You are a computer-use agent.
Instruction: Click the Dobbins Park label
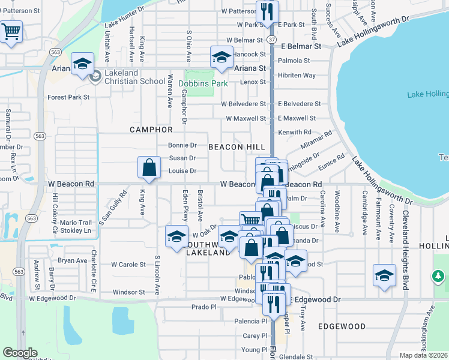(x=206, y=83)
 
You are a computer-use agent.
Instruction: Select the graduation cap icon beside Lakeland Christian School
(x=82, y=64)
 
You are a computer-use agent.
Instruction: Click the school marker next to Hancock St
(x=221, y=57)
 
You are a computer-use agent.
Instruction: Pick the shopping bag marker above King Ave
(x=149, y=168)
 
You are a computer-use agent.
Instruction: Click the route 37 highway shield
(x=273, y=39)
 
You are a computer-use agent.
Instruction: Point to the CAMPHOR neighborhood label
(x=151, y=130)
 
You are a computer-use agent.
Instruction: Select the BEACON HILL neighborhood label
(x=233, y=146)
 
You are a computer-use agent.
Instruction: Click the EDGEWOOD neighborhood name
(x=342, y=326)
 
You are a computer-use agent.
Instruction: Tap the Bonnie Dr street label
(x=182, y=145)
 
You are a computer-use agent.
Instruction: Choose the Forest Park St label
(x=68, y=97)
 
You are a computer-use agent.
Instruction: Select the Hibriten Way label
(x=297, y=75)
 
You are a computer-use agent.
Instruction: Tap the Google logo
(x=20, y=353)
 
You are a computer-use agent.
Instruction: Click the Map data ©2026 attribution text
(x=423, y=355)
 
